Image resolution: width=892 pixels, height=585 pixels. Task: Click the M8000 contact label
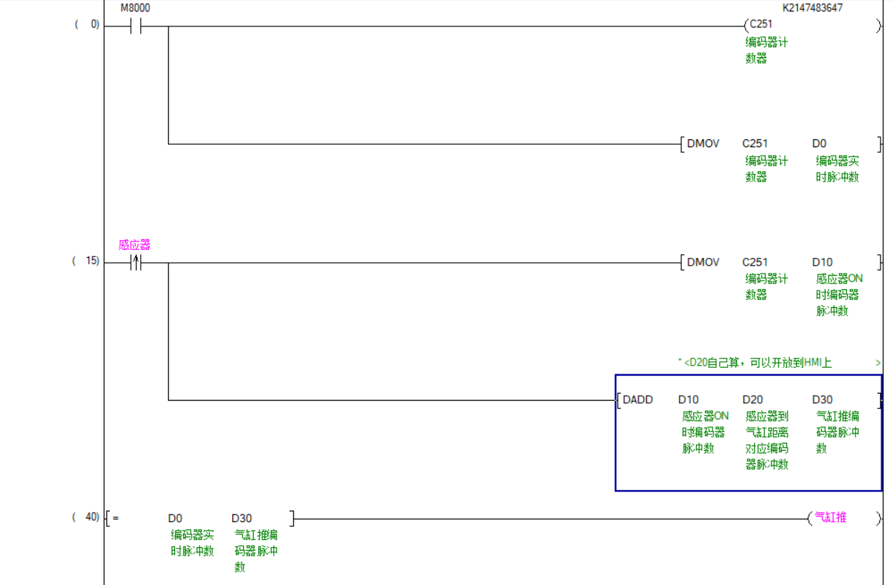pyautogui.click(x=135, y=8)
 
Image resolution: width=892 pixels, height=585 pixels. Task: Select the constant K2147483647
pyautogui.click(x=813, y=8)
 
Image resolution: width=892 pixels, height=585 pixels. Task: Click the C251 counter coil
pyautogui.click(x=761, y=24)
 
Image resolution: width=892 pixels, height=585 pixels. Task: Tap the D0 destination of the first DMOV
pyautogui.click(x=819, y=144)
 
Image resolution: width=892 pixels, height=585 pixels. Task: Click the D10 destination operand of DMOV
pyautogui.click(x=822, y=262)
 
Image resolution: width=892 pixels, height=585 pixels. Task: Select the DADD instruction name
pyautogui.click(x=638, y=399)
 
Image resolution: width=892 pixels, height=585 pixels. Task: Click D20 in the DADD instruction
pyautogui.click(x=753, y=399)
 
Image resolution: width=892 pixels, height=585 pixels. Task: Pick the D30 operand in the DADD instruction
pyautogui.click(x=822, y=399)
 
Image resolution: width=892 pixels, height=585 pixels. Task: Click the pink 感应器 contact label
pyautogui.click(x=134, y=245)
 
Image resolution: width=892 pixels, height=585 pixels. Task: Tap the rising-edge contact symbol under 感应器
pyautogui.click(x=136, y=263)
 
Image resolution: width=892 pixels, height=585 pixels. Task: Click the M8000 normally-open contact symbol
pyautogui.click(x=136, y=26)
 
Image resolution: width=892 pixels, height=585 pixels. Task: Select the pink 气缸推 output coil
pyautogui.click(x=831, y=517)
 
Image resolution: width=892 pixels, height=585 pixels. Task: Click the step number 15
pyautogui.click(x=92, y=261)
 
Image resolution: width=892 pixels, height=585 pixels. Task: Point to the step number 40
pyautogui.click(x=92, y=517)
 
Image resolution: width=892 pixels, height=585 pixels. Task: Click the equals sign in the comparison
pyautogui.click(x=116, y=518)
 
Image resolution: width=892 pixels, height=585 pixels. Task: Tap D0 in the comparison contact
pyautogui.click(x=175, y=519)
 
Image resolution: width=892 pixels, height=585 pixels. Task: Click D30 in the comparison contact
pyautogui.click(x=242, y=519)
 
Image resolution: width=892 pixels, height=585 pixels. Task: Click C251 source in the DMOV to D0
pyautogui.click(x=755, y=144)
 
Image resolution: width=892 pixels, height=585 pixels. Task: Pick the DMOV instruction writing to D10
pyautogui.click(x=703, y=262)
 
